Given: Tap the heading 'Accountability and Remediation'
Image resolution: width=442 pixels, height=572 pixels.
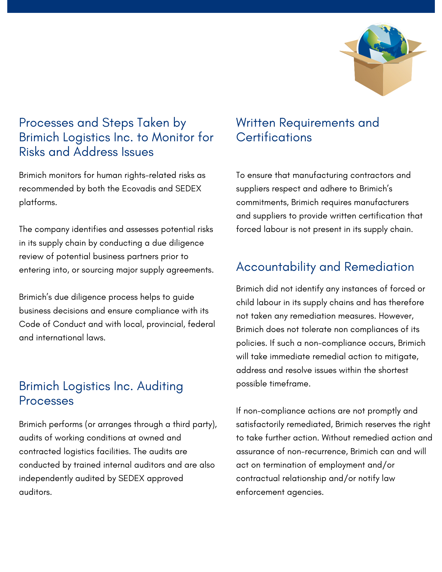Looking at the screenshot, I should (x=325, y=267).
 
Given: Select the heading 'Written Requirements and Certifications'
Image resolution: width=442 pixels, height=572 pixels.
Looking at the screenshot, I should (x=308, y=130).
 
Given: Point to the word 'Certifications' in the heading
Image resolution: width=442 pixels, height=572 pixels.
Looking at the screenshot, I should (x=274, y=137).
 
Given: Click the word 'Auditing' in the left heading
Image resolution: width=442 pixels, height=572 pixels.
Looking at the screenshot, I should (x=160, y=386).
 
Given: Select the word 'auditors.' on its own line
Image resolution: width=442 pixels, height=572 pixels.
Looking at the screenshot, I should (x=35, y=492).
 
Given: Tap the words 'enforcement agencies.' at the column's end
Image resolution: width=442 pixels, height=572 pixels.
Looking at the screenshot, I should (x=280, y=492).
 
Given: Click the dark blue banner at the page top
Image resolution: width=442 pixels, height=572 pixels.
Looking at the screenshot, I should (x=221, y=6).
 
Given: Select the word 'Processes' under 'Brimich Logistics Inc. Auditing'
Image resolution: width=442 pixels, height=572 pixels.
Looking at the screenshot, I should (x=46, y=401).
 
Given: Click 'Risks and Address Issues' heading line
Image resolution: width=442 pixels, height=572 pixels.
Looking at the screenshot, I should (x=86, y=152).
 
